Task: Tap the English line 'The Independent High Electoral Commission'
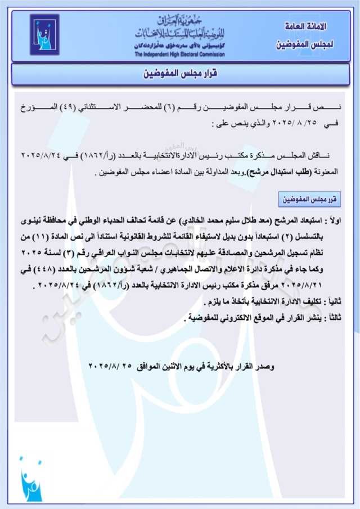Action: (x=179, y=55)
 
